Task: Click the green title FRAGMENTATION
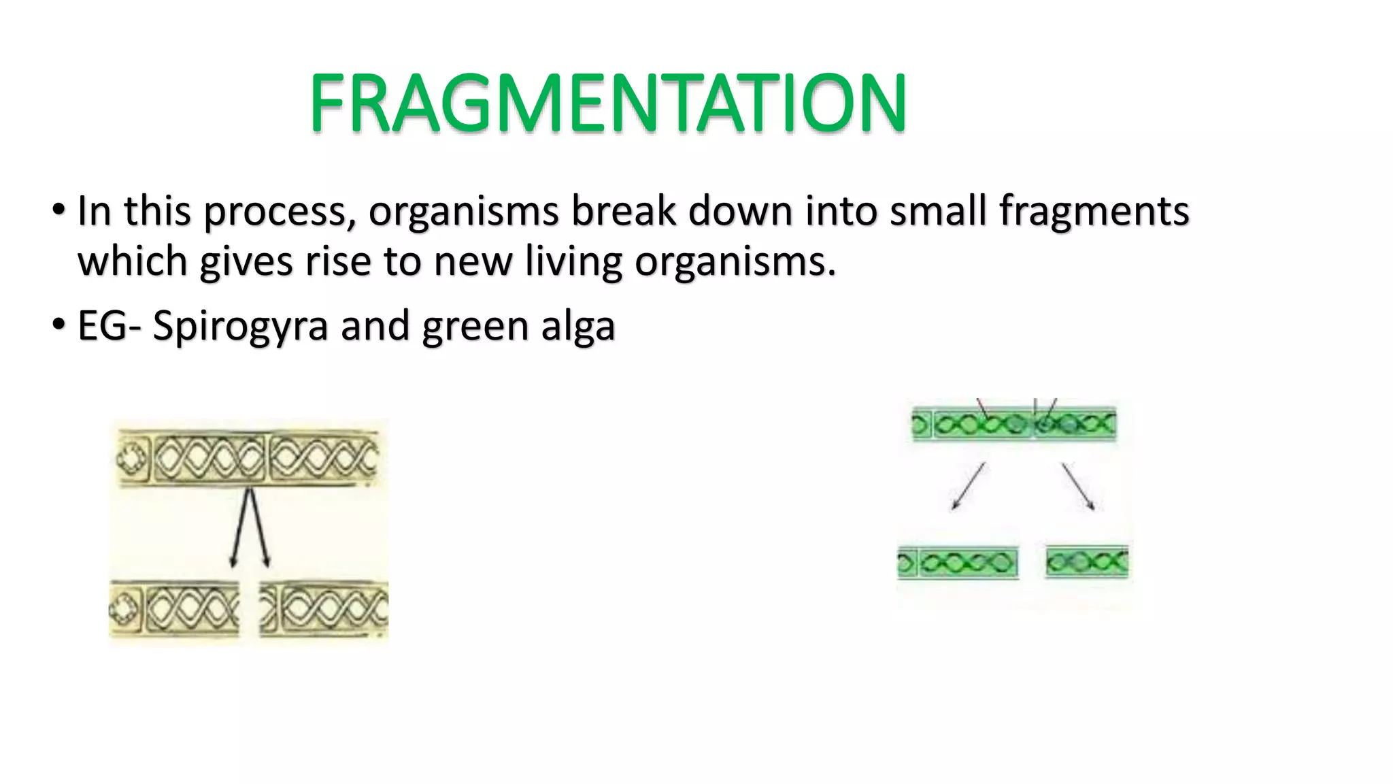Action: [x=607, y=103]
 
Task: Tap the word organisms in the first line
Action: [x=463, y=211]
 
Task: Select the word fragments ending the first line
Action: [x=1094, y=211]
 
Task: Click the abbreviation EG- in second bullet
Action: [x=109, y=326]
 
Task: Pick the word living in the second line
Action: [x=573, y=262]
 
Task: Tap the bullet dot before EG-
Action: [x=58, y=323]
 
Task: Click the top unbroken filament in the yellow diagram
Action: [x=248, y=458]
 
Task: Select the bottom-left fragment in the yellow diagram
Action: [x=174, y=608]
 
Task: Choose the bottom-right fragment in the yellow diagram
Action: [x=324, y=608]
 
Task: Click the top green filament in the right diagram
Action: [x=1013, y=424]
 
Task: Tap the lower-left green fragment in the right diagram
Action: [x=958, y=562]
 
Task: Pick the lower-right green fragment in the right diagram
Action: [x=1086, y=562]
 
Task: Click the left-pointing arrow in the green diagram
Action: [x=967, y=486]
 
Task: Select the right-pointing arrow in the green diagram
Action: [x=1079, y=486]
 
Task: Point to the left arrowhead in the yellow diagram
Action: [x=233, y=561]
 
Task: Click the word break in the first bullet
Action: [x=624, y=211]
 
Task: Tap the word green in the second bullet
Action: [x=475, y=326]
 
